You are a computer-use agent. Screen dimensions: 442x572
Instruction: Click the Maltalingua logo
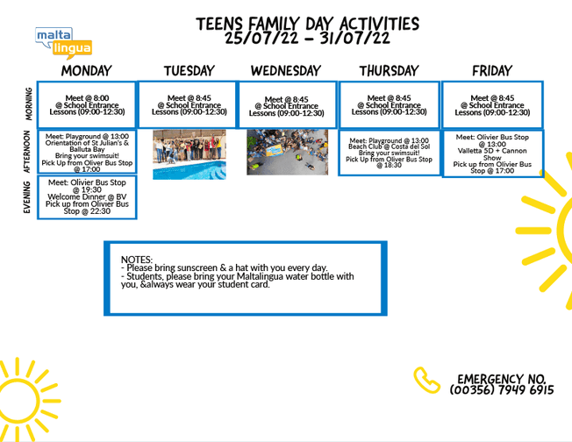pos(63,41)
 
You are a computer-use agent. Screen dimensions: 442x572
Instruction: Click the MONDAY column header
pos(87,70)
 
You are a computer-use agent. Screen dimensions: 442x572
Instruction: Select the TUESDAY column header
pos(189,70)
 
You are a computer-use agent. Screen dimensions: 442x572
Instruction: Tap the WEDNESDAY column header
pos(287,70)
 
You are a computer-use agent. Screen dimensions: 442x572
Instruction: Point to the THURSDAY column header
pos(389,70)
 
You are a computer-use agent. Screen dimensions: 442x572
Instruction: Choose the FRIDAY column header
pos(491,70)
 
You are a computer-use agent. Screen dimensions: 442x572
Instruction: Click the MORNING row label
pos(28,103)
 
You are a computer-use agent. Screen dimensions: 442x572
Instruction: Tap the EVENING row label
pos(28,196)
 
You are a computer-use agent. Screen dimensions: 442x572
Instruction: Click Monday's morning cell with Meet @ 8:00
pos(87,104)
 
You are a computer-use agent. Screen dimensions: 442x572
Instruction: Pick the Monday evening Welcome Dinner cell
pos(87,196)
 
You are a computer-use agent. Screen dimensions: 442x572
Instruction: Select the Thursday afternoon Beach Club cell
pos(389,152)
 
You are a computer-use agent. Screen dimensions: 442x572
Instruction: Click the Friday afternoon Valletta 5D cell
pos(491,153)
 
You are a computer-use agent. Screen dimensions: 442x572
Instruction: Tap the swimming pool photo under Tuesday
pos(189,154)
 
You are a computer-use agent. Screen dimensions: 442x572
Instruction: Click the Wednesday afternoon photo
pos(287,153)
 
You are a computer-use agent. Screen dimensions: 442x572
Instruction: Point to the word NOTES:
pos(137,260)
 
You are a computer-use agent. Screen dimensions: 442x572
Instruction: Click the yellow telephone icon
pos(426,379)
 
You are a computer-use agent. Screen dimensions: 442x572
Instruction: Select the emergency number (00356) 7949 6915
pos(502,389)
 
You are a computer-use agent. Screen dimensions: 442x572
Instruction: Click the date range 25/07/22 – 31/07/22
pos(307,38)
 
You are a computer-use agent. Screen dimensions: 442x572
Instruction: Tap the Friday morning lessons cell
pos(491,104)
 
